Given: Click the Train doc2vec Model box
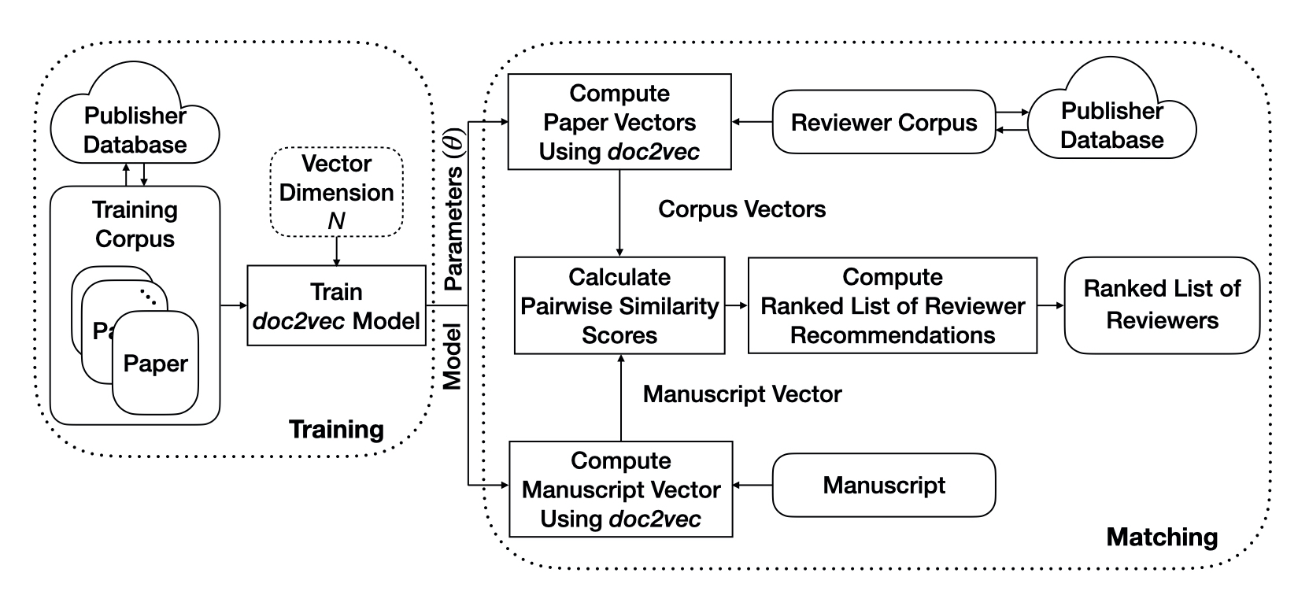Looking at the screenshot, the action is [x=336, y=306].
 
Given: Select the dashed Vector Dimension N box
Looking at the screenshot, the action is [x=336, y=192].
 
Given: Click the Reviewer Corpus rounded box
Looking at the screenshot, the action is [x=883, y=123].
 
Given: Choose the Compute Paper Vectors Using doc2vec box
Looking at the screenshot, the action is [x=619, y=122].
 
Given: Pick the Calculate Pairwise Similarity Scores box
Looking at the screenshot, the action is [x=619, y=305].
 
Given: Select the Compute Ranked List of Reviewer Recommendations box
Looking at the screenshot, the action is [x=892, y=305].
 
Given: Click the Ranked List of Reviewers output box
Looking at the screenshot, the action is [x=1162, y=305].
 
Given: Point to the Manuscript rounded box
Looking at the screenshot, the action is [x=883, y=485].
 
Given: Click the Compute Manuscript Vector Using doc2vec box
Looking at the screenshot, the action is [x=620, y=489].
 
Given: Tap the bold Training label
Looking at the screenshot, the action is [x=336, y=429].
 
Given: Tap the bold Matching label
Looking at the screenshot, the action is [x=1162, y=537].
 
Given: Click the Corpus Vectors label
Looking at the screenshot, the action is [x=741, y=209].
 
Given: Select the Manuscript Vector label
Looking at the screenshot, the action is [x=741, y=394].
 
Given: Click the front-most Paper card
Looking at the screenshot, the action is [x=155, y=364].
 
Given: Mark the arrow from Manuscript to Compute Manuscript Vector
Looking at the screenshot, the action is [x=752, y=485].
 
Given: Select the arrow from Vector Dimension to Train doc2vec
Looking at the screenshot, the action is [x=336, y=251].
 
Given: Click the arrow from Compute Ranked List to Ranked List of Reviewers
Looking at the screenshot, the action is [x=1050, y=305].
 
